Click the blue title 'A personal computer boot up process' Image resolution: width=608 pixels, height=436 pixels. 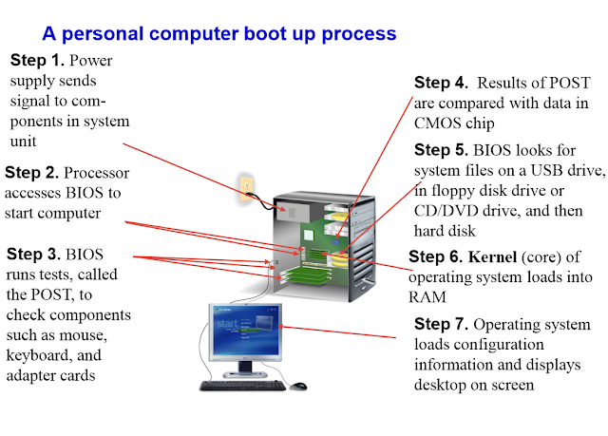point(219,34)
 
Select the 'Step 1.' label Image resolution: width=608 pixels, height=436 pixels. point(37,60)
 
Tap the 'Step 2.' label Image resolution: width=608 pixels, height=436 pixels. point(31,173)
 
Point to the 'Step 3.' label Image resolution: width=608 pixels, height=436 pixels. point(33,254)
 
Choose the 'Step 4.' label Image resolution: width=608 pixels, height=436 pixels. point(441,83)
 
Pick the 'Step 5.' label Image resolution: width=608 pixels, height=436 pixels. point(441,149)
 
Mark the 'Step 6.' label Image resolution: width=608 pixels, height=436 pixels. point(435,256)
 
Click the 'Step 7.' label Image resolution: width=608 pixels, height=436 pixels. point(441,324)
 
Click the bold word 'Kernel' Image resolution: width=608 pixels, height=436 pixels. point(492,257)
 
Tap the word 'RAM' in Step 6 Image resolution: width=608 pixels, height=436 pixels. point(427,297)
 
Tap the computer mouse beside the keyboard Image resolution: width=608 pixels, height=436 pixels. point(297,386)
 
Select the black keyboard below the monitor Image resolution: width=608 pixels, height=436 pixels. point(243,386)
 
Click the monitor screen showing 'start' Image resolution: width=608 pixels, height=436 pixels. point(245,331)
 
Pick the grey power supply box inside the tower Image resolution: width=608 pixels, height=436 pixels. point(292,212)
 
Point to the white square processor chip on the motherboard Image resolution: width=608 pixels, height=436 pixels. point(308,236)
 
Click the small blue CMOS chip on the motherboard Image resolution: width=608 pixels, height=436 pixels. point(335,242)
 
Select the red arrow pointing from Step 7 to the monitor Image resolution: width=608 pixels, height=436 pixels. point(336,332)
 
